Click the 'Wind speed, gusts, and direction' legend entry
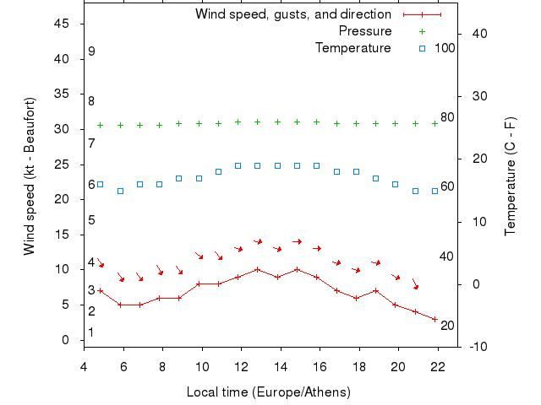[292, 14]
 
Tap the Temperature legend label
[352, 48]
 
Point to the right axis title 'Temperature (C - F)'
[510, 176]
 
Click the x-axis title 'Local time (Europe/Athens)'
[270, 392]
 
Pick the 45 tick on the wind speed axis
[61, 24]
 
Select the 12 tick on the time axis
[241, 366]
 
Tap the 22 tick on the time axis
[437, 366]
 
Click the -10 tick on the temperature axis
[475, 347]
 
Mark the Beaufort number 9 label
[91, 51]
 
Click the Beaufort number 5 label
[91, 220]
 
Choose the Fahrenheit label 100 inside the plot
[445, 48]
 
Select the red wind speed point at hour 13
[258, 270]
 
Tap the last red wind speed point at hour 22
[434, 319]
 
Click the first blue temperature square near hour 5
[100, 184]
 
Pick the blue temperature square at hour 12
[238, 165]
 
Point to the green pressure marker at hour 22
[434, 123]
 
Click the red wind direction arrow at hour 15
[298, 241]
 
